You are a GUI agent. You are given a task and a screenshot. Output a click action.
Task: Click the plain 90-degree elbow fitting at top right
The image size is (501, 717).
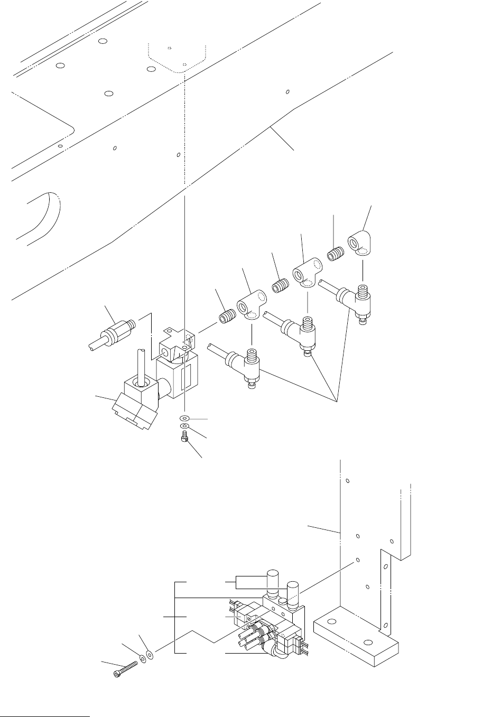point(361,244)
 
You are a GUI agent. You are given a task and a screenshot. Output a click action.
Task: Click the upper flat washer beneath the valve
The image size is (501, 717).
point(185,418)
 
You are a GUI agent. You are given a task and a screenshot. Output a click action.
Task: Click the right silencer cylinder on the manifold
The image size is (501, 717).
point(292,592)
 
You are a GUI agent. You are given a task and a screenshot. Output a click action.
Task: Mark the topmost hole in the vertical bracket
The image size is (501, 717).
point(348,481)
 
